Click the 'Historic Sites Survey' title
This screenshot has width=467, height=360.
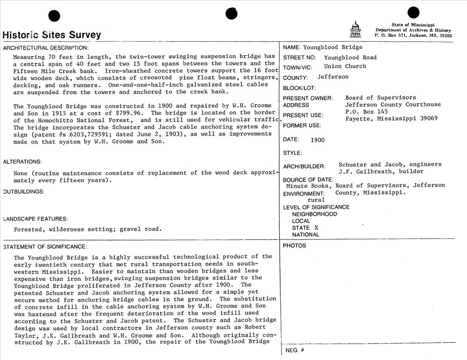51,35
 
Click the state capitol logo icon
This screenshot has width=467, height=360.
355,29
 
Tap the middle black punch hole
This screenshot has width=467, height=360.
232,14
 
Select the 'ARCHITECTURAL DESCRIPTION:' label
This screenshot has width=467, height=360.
45,48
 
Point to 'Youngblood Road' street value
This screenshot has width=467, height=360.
350,58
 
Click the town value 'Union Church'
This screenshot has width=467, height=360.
345,66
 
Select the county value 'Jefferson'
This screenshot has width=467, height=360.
333,77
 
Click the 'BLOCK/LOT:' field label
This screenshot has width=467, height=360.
299,88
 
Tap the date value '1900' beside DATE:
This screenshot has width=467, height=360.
318,140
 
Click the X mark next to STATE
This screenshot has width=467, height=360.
316,228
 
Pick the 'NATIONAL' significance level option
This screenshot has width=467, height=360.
306,235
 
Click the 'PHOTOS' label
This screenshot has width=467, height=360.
295,246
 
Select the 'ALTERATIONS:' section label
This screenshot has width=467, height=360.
22,162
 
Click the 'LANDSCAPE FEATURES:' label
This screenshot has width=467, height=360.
35,219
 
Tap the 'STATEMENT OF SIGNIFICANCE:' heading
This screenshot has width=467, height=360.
45,247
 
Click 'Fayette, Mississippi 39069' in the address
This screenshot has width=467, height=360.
391,119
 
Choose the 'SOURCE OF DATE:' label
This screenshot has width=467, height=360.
308,180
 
